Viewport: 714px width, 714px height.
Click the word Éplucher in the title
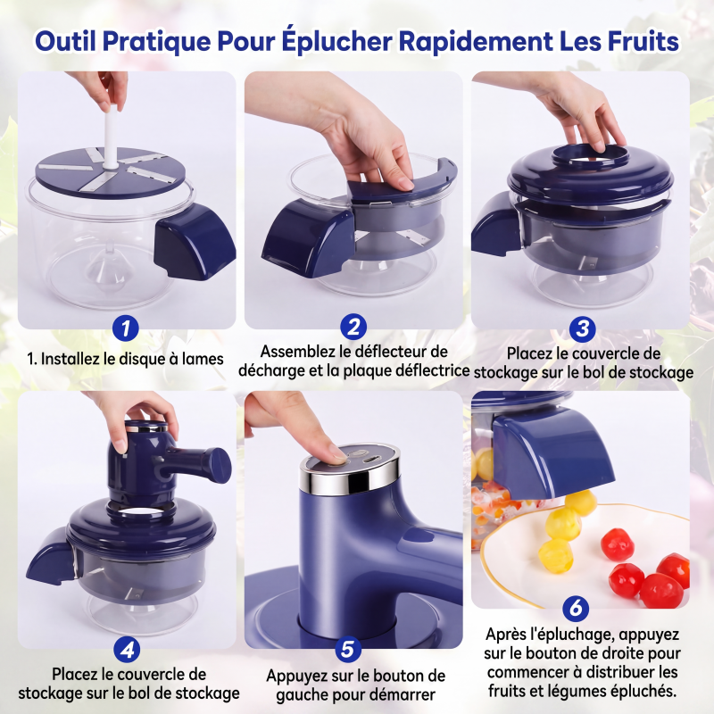pyautogui.click(x=336, y=41)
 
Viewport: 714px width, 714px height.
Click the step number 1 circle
pyautogui.click(x=126, y=328)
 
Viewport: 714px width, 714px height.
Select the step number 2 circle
pyautogui.click(x=353, y=327)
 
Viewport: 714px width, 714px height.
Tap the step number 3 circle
pyautogui.click(x=583, y=328)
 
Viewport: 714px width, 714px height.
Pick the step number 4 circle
pyautogui.click(x=127, y=650)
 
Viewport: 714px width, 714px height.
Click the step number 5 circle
pyautogui.click(x=348, y=650)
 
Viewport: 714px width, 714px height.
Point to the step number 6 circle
pyautogui.click(x=576, y=608)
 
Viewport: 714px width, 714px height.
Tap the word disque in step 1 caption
pyautogui.click(x=142, y=359)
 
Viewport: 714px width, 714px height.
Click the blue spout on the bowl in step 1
pyautogui.click(x=194, y=242)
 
